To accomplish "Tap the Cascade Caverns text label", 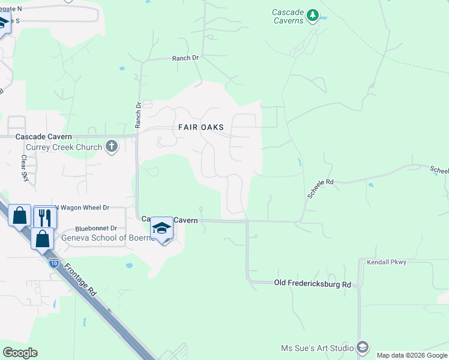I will coord(287,16).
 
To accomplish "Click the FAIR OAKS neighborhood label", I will coord(201,127).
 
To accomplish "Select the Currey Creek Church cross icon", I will coord(112,146).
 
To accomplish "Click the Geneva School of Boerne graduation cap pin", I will coord(161,229).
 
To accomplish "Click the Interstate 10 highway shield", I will coord(54,262).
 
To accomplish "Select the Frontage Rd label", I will coord(80,280).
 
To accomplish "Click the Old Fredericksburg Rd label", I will coord(312,283).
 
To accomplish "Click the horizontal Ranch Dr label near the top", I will coord(185,58).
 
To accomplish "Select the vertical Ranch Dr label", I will coord(138,113).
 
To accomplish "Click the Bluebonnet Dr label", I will coord(96,229).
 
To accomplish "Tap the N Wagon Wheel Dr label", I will coord(82,208).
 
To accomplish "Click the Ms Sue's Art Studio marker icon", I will coord(363,347).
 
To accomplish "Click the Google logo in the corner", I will coord(20,353).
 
